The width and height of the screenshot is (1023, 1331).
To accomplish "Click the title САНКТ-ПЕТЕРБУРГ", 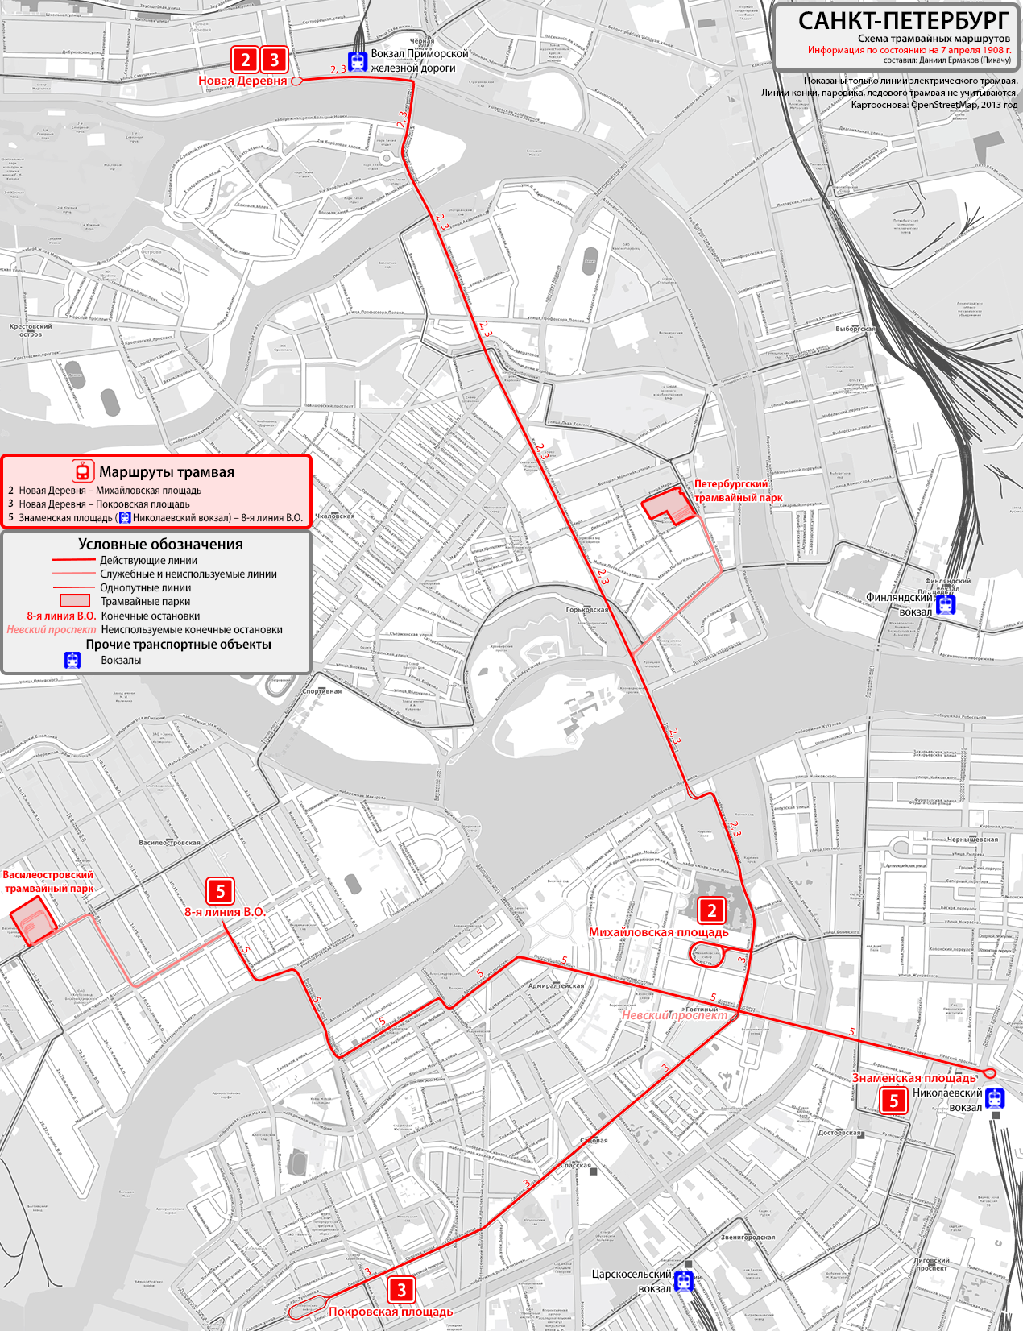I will coord(902,20).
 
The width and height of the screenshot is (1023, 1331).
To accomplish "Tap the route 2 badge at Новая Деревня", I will coord(246,59).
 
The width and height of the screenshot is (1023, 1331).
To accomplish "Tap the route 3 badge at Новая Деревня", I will coord(274,59).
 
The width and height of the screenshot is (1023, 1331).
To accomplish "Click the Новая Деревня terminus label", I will coord(242,81).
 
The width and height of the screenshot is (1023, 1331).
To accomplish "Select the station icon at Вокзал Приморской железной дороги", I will coord(357,60).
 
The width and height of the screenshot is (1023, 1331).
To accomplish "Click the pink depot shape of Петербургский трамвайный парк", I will coord(667,508).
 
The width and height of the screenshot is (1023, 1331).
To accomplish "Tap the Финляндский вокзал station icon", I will coord(946,603).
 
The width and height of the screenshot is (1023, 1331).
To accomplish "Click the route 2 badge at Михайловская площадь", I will coord(711,910).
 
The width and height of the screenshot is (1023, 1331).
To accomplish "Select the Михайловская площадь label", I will coord(658,932).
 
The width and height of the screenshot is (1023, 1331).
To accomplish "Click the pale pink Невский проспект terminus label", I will coord(673,1015).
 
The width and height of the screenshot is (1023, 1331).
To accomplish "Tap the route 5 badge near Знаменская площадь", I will coord(893,1101).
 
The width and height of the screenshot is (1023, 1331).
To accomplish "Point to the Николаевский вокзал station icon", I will coord(996,1097).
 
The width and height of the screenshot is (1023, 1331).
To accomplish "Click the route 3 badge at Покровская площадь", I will coord(401,1289).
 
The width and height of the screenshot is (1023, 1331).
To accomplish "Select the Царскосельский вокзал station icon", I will coord(684,1280).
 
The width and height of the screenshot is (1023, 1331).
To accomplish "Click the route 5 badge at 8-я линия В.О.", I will coord(220,890).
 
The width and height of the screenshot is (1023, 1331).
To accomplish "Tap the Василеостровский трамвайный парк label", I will coord(48,881).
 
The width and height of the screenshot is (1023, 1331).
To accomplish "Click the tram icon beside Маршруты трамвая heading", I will coord(81,471).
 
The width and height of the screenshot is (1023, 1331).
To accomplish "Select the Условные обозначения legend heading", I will coord(160,544).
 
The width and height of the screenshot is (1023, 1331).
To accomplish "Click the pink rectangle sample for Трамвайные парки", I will coord(74,601).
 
